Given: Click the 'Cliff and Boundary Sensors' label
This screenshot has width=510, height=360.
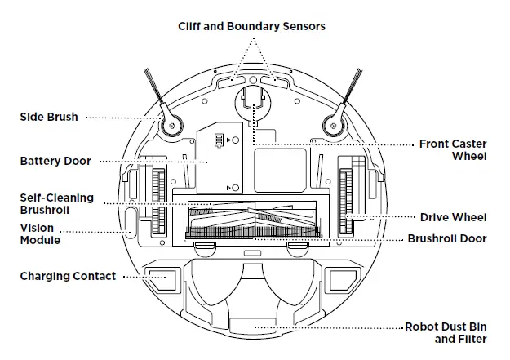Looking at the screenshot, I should click(251, 26).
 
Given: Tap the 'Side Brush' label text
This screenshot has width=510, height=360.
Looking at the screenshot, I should click(49, 118).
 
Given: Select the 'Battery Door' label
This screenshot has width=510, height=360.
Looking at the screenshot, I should click(55, 162).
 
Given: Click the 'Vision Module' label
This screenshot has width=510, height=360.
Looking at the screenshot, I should click(40, 235).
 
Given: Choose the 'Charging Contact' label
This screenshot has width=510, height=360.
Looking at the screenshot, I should click(68, 277).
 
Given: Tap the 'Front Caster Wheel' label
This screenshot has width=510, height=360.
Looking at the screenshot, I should click(453, 149).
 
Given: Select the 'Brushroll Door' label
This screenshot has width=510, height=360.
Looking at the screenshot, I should click(446, 239).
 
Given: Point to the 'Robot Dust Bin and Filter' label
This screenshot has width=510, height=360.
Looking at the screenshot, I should click(446, 332).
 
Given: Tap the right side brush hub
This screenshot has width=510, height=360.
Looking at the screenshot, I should click(333, 124).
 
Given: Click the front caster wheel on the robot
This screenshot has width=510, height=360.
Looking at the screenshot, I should click(252, 102).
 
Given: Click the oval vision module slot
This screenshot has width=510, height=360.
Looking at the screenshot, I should click(131, 221).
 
